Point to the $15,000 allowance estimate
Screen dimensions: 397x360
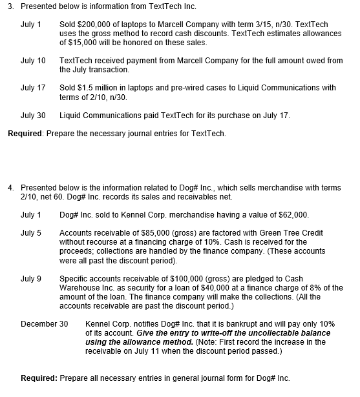(x=82, y=43)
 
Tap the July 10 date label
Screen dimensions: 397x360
(x=33, y=61)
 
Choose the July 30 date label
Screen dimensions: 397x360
(x=33, y=116)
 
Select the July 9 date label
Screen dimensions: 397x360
(x=31, y=278)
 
